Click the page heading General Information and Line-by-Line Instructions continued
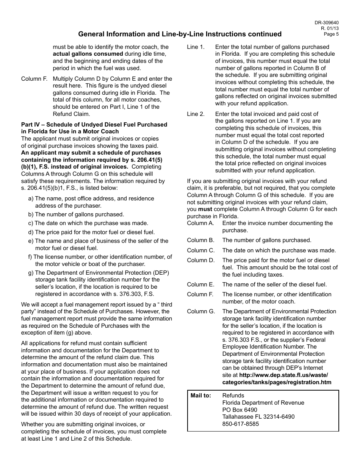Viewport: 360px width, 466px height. click(x=180, y=34)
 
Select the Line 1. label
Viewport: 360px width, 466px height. click(x=196, y=47)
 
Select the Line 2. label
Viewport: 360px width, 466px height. click(x=196, y=114)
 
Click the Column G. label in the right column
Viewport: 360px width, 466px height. click(x=200, y=311)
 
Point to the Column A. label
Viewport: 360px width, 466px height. click(x=200, y=223)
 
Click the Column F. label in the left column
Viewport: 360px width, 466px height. click(x=34, y=79)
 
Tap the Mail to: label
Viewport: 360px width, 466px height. click(x=201, y=396)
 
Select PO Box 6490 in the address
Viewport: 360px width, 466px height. click(x=239, y=410)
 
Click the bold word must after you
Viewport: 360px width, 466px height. click(x=205, y=209)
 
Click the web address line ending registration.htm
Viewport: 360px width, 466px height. click(x=277, y=382)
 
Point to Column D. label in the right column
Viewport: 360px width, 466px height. click(x=200, y=260)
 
